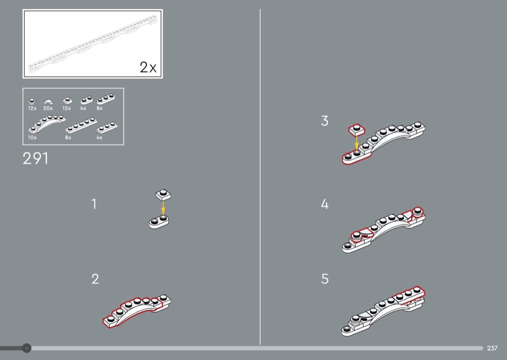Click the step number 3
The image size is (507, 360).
(x=324, y=121)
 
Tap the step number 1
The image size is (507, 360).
(x=94, y=204)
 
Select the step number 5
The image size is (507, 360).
(x=324, y=279)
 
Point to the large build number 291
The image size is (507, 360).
(x=35, y=158)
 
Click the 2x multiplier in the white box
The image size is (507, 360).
(x=148, y=67)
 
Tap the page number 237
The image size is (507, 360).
(x=492, y=348)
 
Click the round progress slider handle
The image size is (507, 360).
(x=27, y=348)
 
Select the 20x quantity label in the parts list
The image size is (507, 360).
(x=48, y=109)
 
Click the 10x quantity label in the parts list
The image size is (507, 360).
(x=32, y=138)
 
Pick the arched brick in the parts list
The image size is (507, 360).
(x=46, y=124)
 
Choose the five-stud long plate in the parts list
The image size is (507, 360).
(x=81, y=125)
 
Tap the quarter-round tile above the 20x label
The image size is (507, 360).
(x=48, y=102)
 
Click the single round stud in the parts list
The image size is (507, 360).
(x=32, y=101)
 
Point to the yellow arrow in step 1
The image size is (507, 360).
(x=163, y=208)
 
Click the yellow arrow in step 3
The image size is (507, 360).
(x=357, y=143)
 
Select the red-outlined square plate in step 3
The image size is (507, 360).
(x=357, y=129)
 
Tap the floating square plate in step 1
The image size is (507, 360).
(x=163, y=195)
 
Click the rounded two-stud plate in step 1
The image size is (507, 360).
(x=159, y=222)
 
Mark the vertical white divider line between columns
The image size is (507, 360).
(x=260, y=177)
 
